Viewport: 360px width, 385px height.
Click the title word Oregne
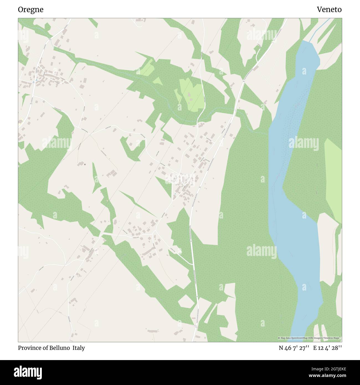[x=31, y=10]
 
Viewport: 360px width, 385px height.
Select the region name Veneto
[x=329, y=10]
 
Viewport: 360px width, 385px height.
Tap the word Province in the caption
[x=28, y=348]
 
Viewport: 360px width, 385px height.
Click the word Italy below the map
[x=79, y=348]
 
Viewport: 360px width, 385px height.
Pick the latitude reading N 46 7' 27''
[x=294, y=348]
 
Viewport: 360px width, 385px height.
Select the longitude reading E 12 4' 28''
[x=327, y=348]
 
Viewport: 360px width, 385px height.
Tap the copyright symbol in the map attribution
[x=279, y=338]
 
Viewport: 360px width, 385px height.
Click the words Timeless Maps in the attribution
[x=333, y=338]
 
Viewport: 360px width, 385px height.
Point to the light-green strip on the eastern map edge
[x=334, y=180]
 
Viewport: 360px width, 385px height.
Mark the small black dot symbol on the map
[x=85, y=164]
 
